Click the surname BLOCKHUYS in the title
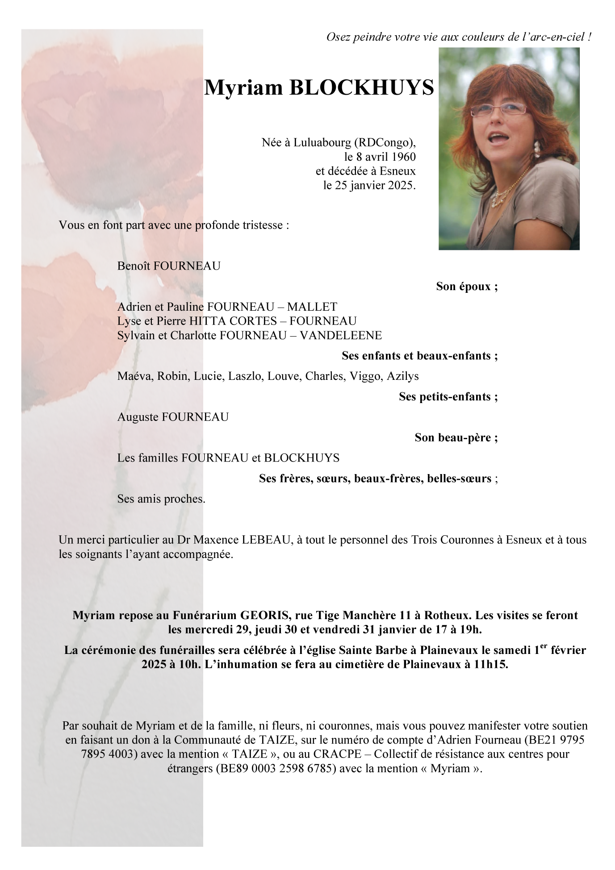(361, 87)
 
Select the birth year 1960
(404, 157)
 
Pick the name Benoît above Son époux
(134, 266)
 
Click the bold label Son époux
(466, 287)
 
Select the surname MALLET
(312, 307)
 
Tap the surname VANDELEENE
(341, 335)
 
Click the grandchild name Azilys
(402, 376)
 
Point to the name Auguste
(138, 417)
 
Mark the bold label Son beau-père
(456, 437)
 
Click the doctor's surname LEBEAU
(266, 540)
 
